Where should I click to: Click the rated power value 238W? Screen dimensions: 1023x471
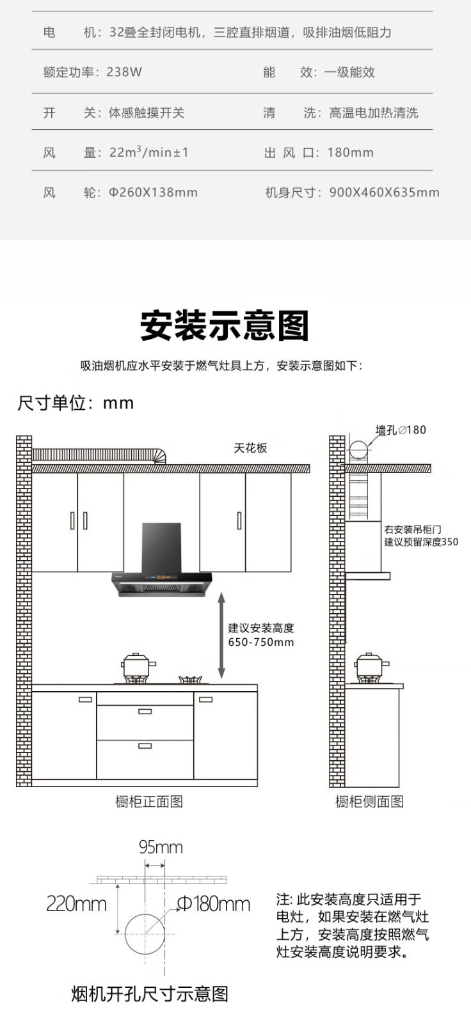point(124,72)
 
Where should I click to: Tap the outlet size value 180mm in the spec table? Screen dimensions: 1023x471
point(350,153)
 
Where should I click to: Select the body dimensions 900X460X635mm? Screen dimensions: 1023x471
point(384,192)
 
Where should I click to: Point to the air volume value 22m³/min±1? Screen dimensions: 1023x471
point(148,152)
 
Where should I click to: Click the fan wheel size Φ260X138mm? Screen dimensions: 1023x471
point(153,192)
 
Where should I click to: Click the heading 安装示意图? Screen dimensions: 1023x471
point(225,326)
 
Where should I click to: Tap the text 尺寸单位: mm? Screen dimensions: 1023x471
point(76,403)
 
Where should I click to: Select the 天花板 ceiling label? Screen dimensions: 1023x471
point(250,448)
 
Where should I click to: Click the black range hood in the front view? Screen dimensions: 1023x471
point(161,563)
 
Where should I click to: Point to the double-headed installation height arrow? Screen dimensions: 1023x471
point(221,635)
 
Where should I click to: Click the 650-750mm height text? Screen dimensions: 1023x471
point(261,643)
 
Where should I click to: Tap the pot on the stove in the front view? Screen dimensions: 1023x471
point(138,666)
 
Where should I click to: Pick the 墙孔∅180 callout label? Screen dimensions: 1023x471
point(400,430)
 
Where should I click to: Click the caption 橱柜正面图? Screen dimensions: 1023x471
point(149,802)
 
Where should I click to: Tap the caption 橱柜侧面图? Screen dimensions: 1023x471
point(369,802)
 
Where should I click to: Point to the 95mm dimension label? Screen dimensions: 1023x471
point(161,848)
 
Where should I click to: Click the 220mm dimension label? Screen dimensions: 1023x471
point(76,904)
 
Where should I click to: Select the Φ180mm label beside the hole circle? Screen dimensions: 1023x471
point(213,904)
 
